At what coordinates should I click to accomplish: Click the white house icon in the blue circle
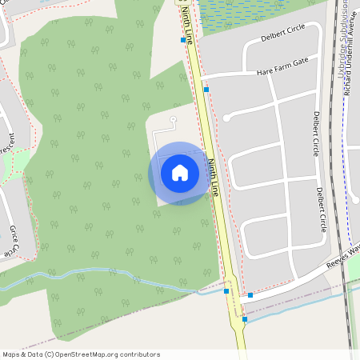pyautogui.click(x=179, y=173)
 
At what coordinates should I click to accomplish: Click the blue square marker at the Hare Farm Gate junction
pyautogui.click(x=206, y=90)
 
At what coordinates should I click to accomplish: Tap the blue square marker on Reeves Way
pyautogui.click(x=250, y=295)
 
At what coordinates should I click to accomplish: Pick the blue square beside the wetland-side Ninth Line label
pyautogui.click(x=183, y=39)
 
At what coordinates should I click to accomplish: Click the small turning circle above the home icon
pyautogui.click(x=173, y=118)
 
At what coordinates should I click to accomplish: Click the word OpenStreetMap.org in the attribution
pyautogui.click(x=89, y=354)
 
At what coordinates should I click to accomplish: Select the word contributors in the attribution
pyautogui.click(x=138, y=354)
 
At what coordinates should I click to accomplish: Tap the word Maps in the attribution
pyautogui.click(x=11, y=354)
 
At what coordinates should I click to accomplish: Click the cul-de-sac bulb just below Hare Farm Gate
pyautogui.click(x=226, y=118)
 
